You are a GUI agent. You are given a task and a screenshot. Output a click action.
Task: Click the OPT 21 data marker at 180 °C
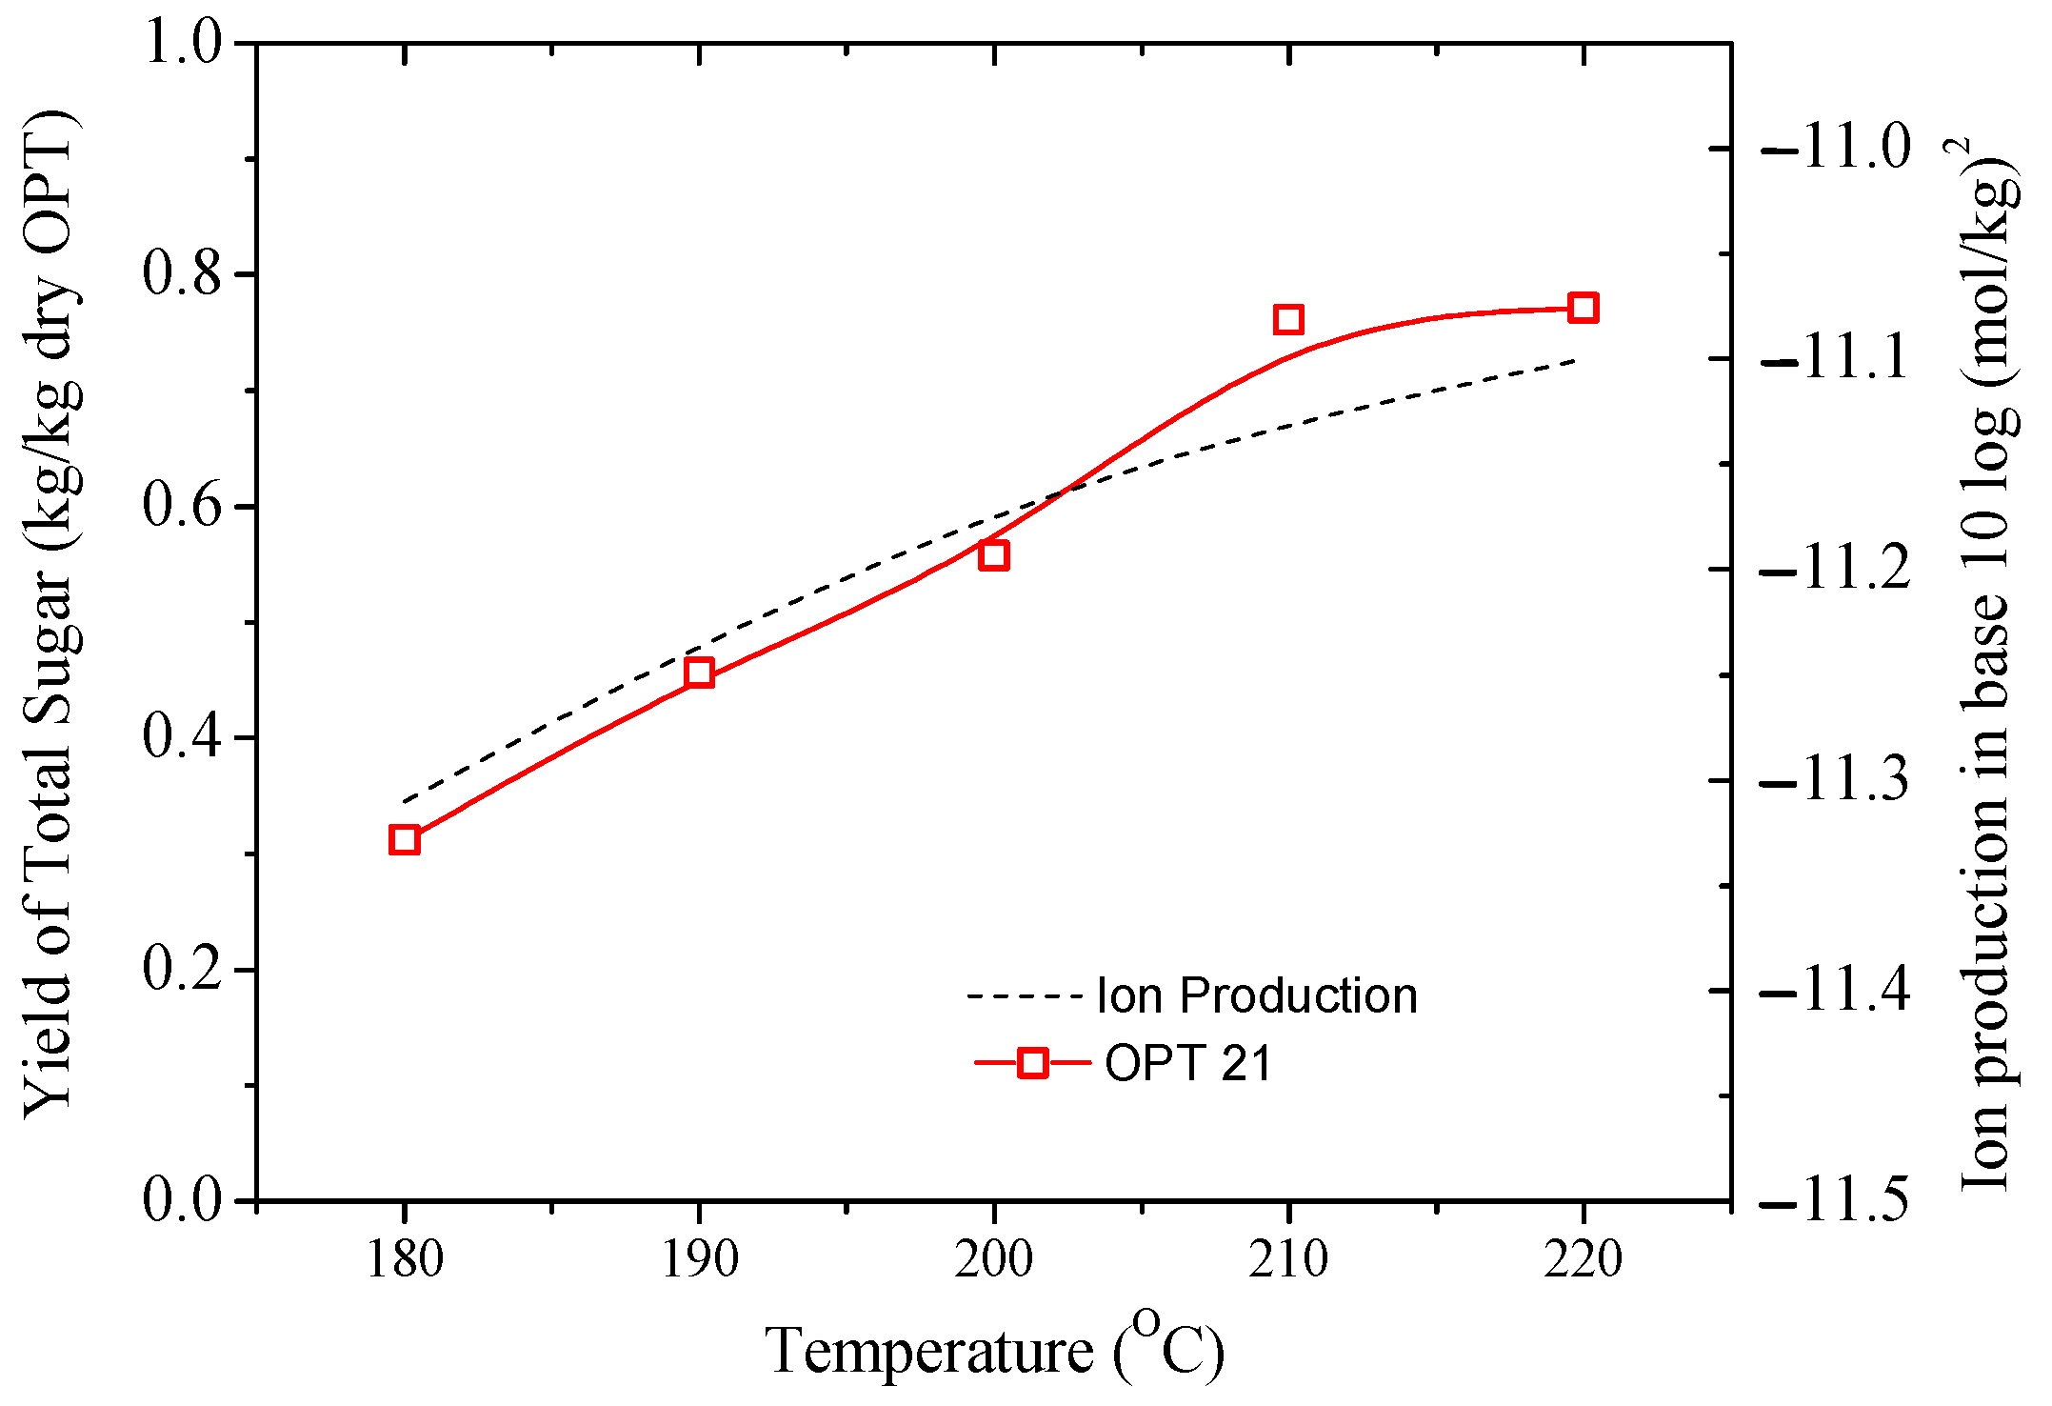click(x=405, y=840)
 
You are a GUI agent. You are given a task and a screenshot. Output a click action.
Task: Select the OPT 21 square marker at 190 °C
click(x=699, y=673)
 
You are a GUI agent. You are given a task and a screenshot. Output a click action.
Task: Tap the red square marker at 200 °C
click(x=994, y=555)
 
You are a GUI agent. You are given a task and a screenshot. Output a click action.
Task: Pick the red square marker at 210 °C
click(x=1288, y=319)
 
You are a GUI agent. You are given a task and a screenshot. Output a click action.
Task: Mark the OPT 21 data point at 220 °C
click(x=1583, y=308)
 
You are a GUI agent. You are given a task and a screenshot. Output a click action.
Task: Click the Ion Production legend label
click(x=1257, y=996)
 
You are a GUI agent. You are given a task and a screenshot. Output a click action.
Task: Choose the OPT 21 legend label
click(x=1188, y=1063)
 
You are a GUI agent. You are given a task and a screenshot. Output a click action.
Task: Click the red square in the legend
click(x=1033, y=1063)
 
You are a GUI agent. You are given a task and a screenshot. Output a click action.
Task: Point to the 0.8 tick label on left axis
click(x=181, y=272)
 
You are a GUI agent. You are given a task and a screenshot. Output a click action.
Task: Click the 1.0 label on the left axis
click(x=181, y=43)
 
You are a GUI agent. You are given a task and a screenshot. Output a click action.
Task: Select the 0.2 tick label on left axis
click(x=181, y=969)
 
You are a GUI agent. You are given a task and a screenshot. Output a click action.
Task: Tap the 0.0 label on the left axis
click(x=181, y=1199)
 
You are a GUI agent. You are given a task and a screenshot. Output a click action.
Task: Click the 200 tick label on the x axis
click(x=994, y=1260)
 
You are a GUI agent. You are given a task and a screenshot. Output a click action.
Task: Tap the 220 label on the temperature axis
click(x=1583, y=1260)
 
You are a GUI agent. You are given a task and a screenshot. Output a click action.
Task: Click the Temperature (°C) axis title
click(x=994, y=1349)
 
